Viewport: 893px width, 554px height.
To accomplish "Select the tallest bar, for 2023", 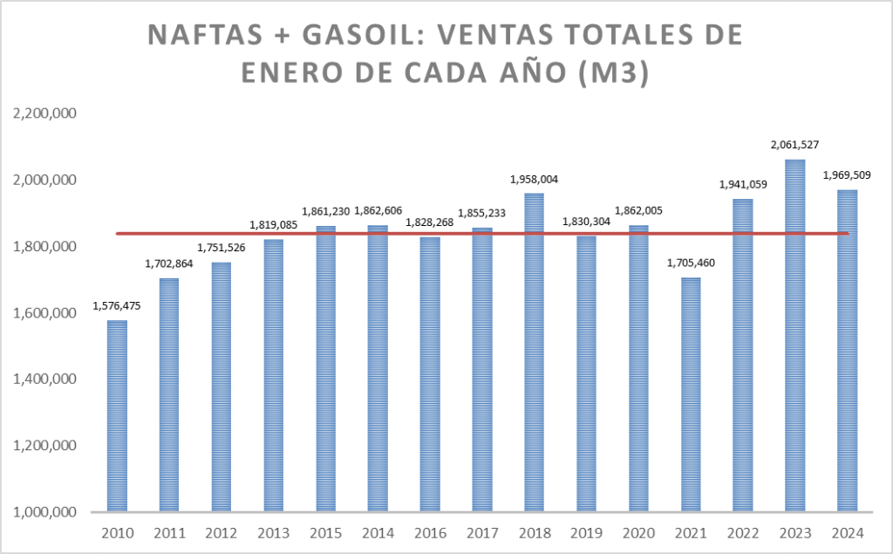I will point(795,335).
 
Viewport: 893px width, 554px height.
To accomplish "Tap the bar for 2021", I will point(691,393).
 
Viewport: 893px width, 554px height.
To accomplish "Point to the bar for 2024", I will point(848,350).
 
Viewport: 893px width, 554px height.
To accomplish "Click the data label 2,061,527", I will point(795,145).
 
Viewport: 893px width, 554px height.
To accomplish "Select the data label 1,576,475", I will point(117,306).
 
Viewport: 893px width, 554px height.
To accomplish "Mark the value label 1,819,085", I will point(274,224).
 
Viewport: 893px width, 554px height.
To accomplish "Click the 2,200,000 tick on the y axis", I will point(44,113).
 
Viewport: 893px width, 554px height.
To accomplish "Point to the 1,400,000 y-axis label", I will point(44,379).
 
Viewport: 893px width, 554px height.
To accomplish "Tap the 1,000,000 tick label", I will point(44,512).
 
